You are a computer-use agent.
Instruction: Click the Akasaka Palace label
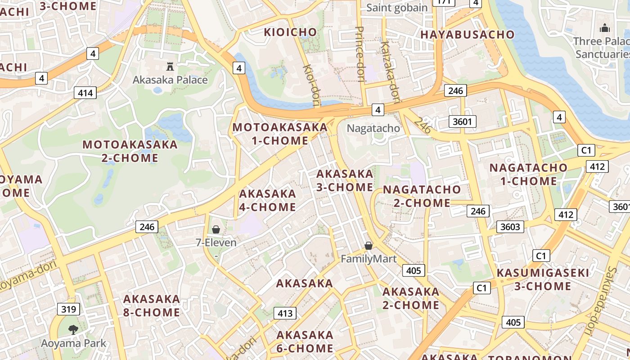click(170, 80)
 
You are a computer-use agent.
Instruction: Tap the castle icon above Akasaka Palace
click(170, 67)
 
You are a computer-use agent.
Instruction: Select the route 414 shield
click(85, 93)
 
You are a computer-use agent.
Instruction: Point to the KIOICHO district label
click(290, 32)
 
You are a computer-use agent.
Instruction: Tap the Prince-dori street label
click(360, 54)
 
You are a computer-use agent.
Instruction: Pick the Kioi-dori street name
click(311, 85)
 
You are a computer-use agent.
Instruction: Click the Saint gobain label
click(397, 8)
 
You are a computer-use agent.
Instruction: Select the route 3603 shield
click(510, 227)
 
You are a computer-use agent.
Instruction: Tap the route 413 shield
click(285, 313)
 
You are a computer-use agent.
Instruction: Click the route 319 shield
click(68, 309)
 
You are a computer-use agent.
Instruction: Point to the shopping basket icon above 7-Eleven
click(216, 230)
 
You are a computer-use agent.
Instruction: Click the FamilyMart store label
click(369, 259)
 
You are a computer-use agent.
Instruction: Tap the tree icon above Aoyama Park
click(73, 330)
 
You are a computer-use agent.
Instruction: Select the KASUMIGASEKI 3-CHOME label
click(543, 279)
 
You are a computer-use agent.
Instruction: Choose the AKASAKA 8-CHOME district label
click(152, 306)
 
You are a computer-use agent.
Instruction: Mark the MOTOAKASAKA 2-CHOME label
click(130, 151)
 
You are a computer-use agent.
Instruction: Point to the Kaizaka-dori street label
click(390, 72)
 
